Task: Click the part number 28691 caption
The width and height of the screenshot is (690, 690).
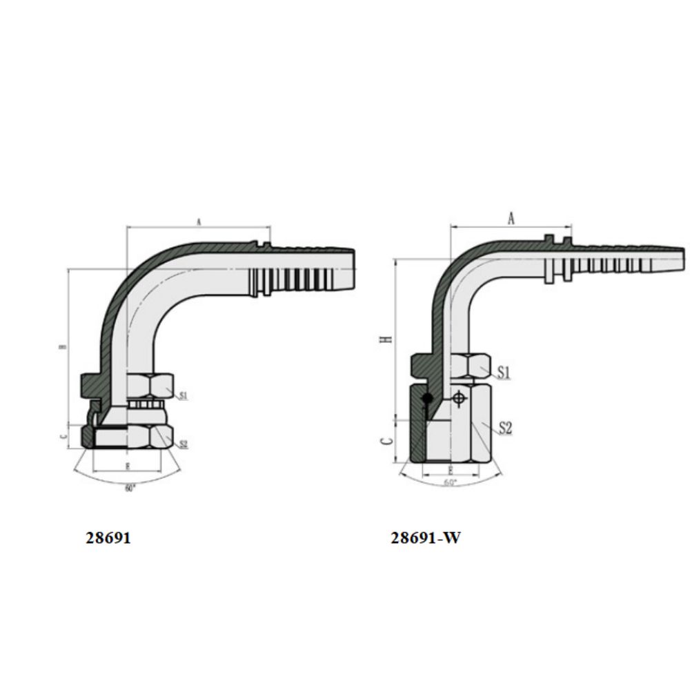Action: (x=108, y=538)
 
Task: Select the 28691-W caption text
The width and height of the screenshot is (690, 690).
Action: (x=425, y=538)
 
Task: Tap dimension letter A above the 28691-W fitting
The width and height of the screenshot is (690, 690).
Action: (x=511, y=219)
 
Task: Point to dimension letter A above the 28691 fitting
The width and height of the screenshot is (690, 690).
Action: (x=198, y=222)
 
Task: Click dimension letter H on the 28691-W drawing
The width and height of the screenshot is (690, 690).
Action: (x=388, y=338)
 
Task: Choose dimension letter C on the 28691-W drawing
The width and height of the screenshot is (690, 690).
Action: (x=388, y=440)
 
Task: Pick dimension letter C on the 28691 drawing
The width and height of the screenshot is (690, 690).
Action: (x=63, y=436)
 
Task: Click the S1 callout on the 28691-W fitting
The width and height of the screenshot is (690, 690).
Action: (x=504, y=373)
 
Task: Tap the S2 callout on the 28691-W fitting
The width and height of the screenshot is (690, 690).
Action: (x=505, y=428)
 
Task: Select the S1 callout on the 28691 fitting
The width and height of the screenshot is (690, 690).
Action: (x=184, y=396)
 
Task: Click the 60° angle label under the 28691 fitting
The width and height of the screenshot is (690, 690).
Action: (x=130, y=489)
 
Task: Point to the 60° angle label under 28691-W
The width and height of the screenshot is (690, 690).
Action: (x=451, y=483)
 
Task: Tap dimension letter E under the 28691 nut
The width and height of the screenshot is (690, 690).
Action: (x=128, y=467)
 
